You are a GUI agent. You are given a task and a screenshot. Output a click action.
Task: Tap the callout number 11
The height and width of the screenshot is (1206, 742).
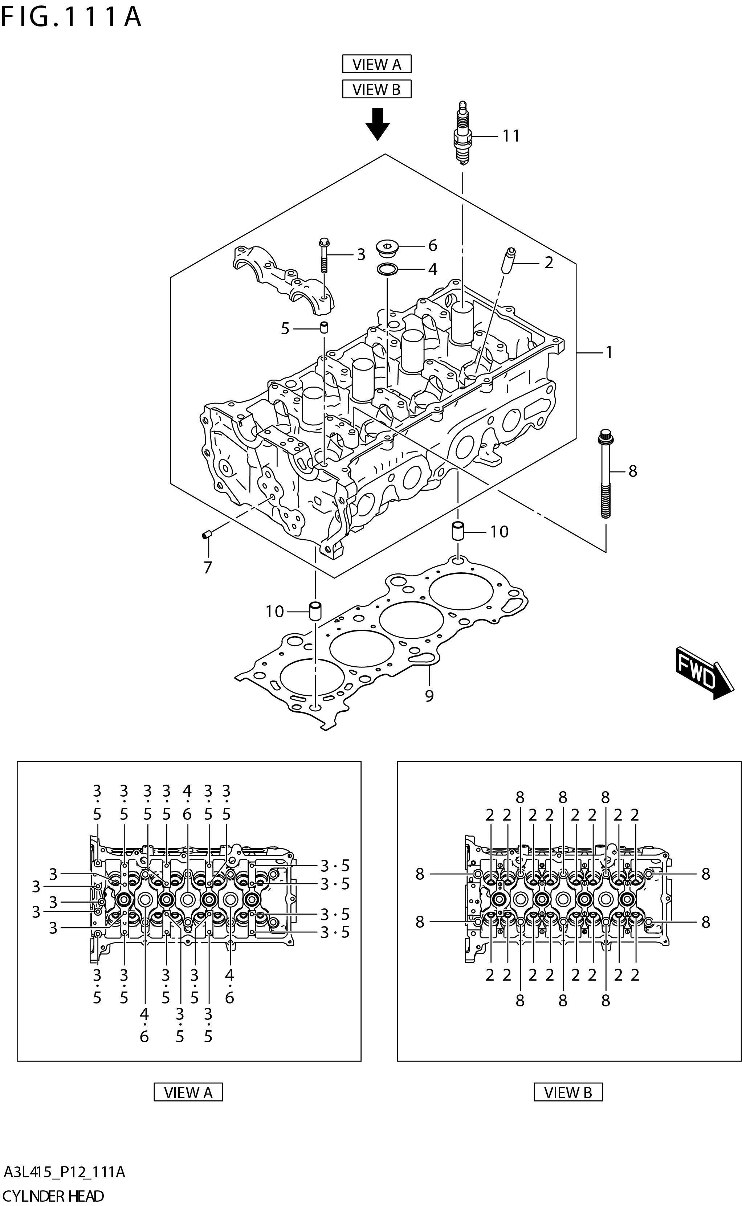pos(511,136)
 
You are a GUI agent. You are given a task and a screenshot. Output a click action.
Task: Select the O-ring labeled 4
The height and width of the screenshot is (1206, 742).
pos(387,269)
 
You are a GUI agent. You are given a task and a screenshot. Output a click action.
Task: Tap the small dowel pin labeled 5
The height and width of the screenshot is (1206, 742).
pos(324,327)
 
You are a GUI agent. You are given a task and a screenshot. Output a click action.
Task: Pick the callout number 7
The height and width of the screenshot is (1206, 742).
pos(208,568)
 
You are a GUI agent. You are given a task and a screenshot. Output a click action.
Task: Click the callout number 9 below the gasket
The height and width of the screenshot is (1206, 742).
pos(429,696)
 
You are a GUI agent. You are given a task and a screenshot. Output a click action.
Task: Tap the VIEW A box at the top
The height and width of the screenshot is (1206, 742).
pos(376,64)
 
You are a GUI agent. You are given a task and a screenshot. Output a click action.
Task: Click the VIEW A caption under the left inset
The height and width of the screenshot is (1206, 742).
pos(188,1093)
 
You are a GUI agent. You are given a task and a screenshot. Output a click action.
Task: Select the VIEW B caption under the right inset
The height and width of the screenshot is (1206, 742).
pos(568,1093)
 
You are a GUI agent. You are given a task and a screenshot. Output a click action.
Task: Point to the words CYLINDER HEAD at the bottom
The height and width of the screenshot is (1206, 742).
pos(53,1196)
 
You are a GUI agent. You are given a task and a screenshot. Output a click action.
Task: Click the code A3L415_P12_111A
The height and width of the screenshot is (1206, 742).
pos(64,1172)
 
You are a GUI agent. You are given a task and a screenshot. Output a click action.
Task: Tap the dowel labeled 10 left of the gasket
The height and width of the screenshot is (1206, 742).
pos(315,610)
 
